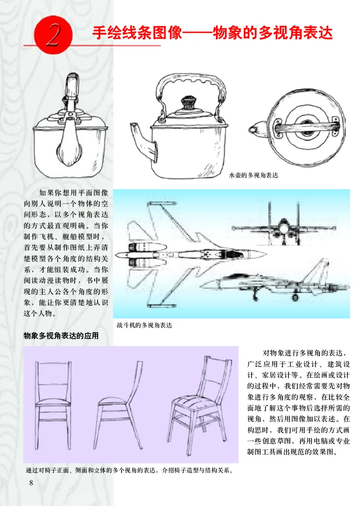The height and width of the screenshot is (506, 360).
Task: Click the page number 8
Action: [x=31, y=483]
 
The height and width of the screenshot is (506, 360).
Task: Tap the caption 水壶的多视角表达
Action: [x=253, y=175]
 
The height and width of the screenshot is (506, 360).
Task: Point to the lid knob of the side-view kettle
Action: [x=186, y=102]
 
